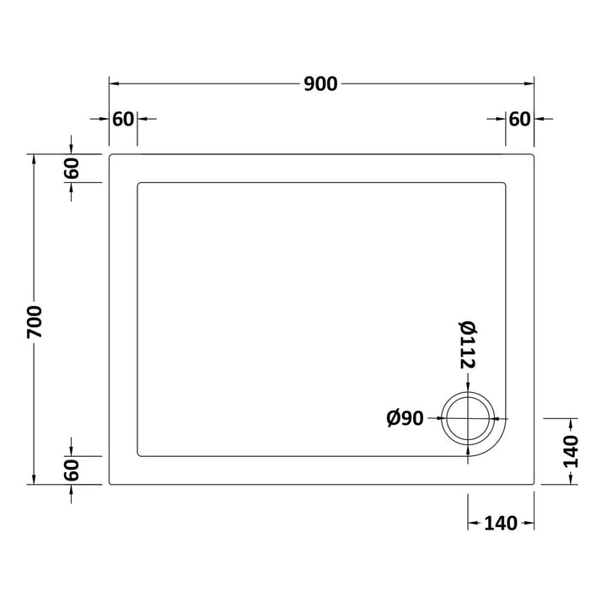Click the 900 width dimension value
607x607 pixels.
click(x=320, y=84)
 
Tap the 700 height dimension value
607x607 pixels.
click(x=35, y=322)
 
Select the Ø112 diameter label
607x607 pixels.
click(x=468, y=345)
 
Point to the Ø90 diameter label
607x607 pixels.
click(x=405, y=418)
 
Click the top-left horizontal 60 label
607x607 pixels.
click(x=123, y=119)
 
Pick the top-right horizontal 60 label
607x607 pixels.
click(x=519, y=119)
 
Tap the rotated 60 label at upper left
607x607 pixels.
click(x=72, y=169)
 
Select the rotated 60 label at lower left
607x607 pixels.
click(x=72, y=470)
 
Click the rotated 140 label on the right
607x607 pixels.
click(x=571, y=452)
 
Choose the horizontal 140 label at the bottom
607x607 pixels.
click(x=501, y=524)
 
